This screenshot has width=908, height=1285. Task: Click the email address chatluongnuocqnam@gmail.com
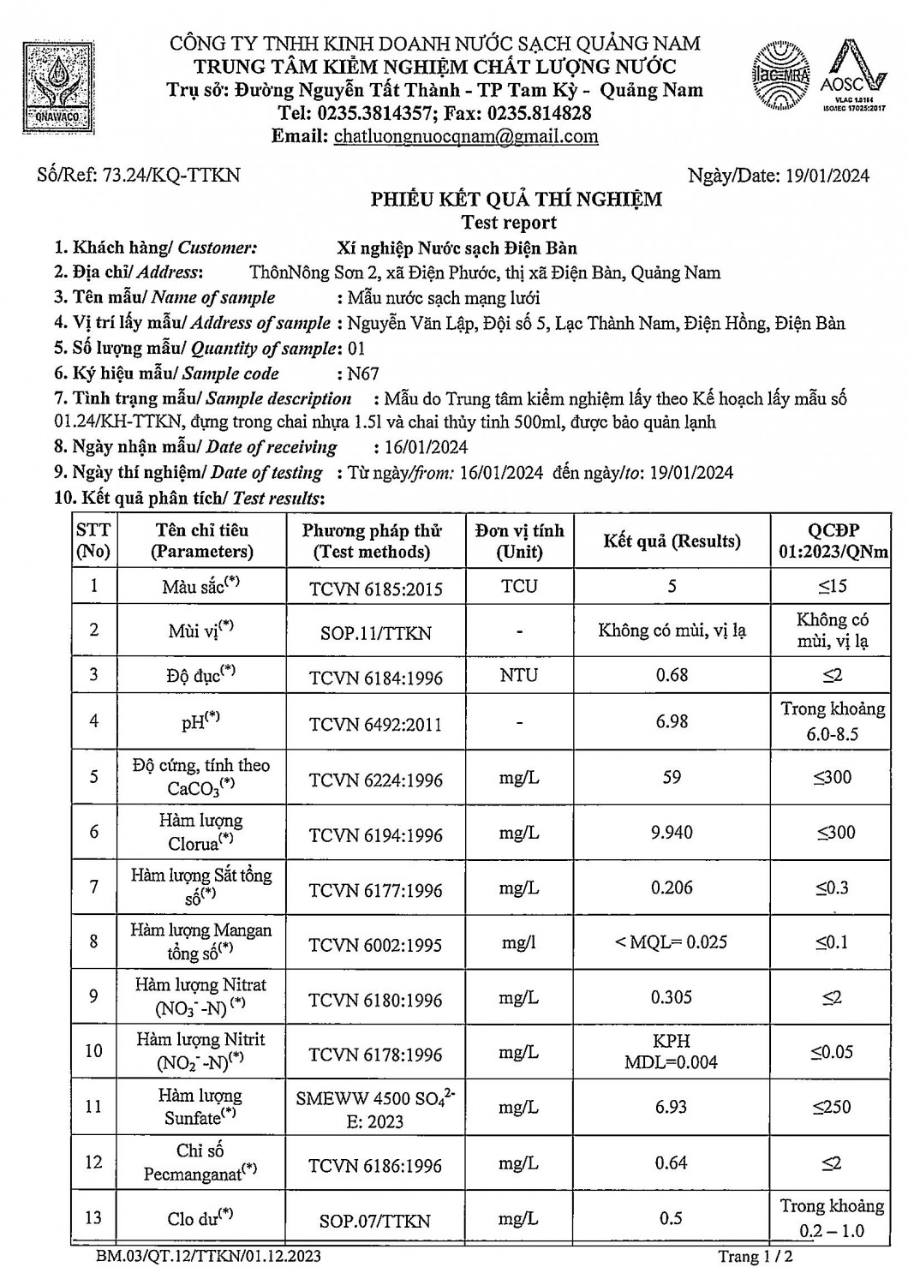pyautogui.click(x=466, y=136)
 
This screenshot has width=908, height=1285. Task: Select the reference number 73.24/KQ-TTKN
pyautogui.click(x=171, y=176)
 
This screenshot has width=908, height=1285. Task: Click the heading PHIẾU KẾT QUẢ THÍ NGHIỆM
pyautogui.click(x=516, y=200)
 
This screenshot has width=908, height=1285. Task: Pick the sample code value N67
pyautogui.click(x=362, y=374)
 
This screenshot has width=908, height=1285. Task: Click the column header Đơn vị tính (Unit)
pyautogui.click(x=519, y=541)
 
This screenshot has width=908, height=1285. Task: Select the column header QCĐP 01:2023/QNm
pyautogui.click(x=833, y=541)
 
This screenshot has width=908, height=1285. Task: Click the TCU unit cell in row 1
pyautogui.click(x=519, y=586)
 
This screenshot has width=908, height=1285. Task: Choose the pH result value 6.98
pyautogui.click(x=672, y=721)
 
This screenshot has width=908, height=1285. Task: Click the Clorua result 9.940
pyautogui.click(x=672, y=833)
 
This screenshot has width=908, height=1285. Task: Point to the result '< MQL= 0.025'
pyautogui.click(x=672, y=942)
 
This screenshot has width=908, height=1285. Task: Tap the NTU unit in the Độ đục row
pyautogui.click(x=519, y=676)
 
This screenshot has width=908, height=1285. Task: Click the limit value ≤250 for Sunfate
pyautogui.click(x=832, y=1107)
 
